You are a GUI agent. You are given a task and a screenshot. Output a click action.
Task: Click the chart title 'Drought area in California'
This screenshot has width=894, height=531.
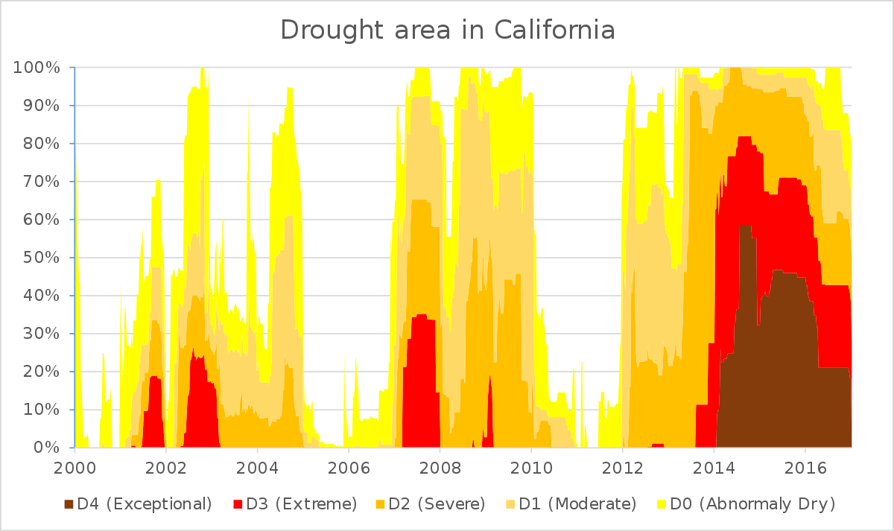(x=447, y=31)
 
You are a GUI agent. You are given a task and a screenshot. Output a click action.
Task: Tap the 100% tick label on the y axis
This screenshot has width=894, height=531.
(x=37, y=68)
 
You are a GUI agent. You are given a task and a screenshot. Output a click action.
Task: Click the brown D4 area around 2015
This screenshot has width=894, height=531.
(x=767, y=372)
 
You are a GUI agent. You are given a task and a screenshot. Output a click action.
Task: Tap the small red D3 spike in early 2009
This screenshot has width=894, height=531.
(x=489, y=417)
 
